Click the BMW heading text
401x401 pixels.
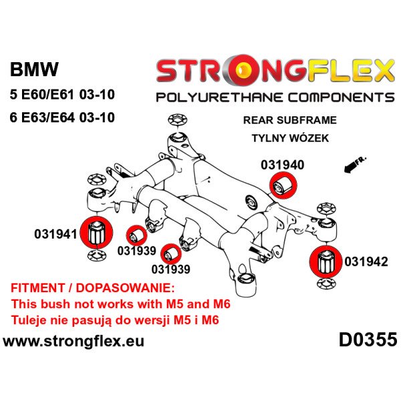click(33, 70)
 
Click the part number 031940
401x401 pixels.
click(299, 163)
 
